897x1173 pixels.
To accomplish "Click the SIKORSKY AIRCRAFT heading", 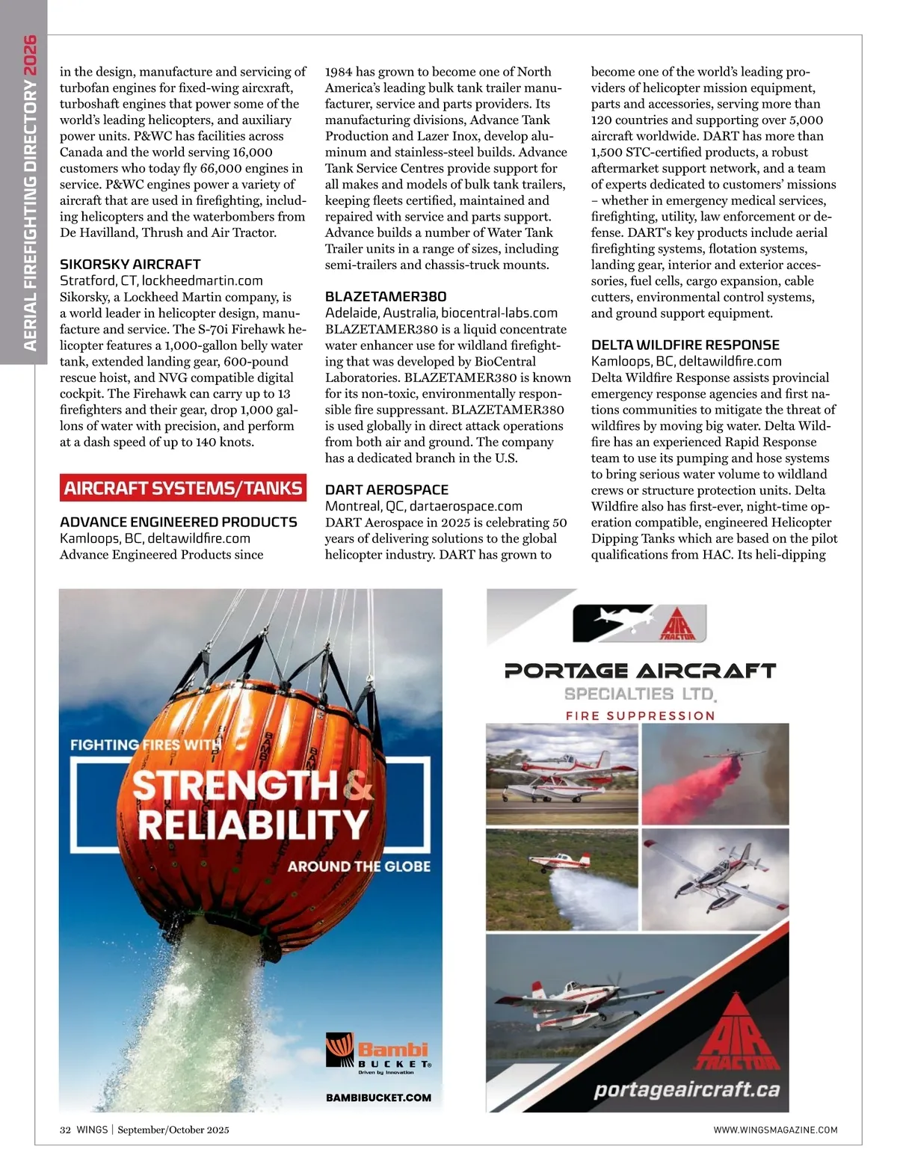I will point(130,264).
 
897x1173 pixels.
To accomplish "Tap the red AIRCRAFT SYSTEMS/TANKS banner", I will point(183,488).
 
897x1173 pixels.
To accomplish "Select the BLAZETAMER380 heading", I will point(386,296).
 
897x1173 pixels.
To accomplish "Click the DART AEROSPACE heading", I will point(386,490).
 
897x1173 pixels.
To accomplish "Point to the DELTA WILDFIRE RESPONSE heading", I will point(685,345).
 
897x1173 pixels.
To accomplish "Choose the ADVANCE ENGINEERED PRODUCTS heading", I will point(179,522).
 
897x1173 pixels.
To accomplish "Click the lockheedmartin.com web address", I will point(202,280).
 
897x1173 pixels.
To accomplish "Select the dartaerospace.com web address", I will point(466,506).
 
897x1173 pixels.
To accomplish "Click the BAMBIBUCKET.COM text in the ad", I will point(378,1097).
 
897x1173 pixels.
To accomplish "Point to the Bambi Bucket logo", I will point(378,1053).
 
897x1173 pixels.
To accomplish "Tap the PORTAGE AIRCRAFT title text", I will point(640,670).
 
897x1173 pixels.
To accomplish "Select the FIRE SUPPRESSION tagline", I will point(640,715).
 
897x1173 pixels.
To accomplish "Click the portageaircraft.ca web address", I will point(686,1089).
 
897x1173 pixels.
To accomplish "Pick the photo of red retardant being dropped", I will point(715,774).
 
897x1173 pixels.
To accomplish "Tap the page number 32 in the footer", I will point(65,1130).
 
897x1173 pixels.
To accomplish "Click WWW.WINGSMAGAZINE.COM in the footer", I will point(775,1130).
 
